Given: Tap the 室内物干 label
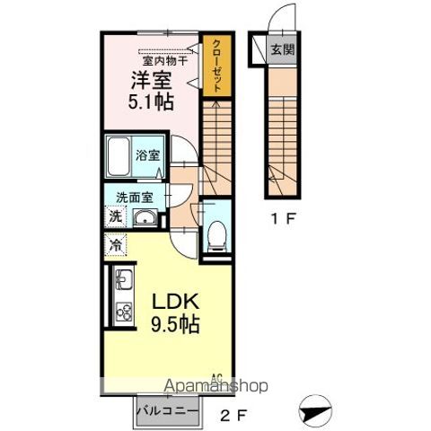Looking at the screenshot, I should [x=163, y=60].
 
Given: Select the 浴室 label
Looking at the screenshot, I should [x=147, y=154].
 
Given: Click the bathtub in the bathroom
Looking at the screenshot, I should [x=118, y=157].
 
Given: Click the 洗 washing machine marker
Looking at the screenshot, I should [x=114, y=216].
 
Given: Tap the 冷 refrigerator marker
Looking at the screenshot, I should [x=114, y=243].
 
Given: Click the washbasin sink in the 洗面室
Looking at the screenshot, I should [x=144, y=217].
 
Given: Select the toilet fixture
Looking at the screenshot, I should [x=216, y=233].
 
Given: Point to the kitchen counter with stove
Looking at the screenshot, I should [x=122, y=297].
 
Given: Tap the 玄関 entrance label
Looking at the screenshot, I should [x=282, y=49].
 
